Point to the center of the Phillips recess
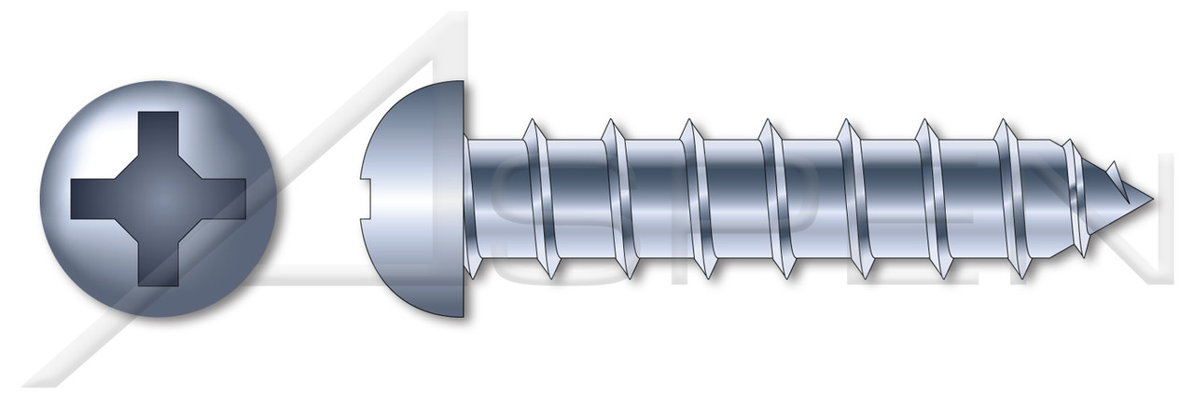click(159, 198)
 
